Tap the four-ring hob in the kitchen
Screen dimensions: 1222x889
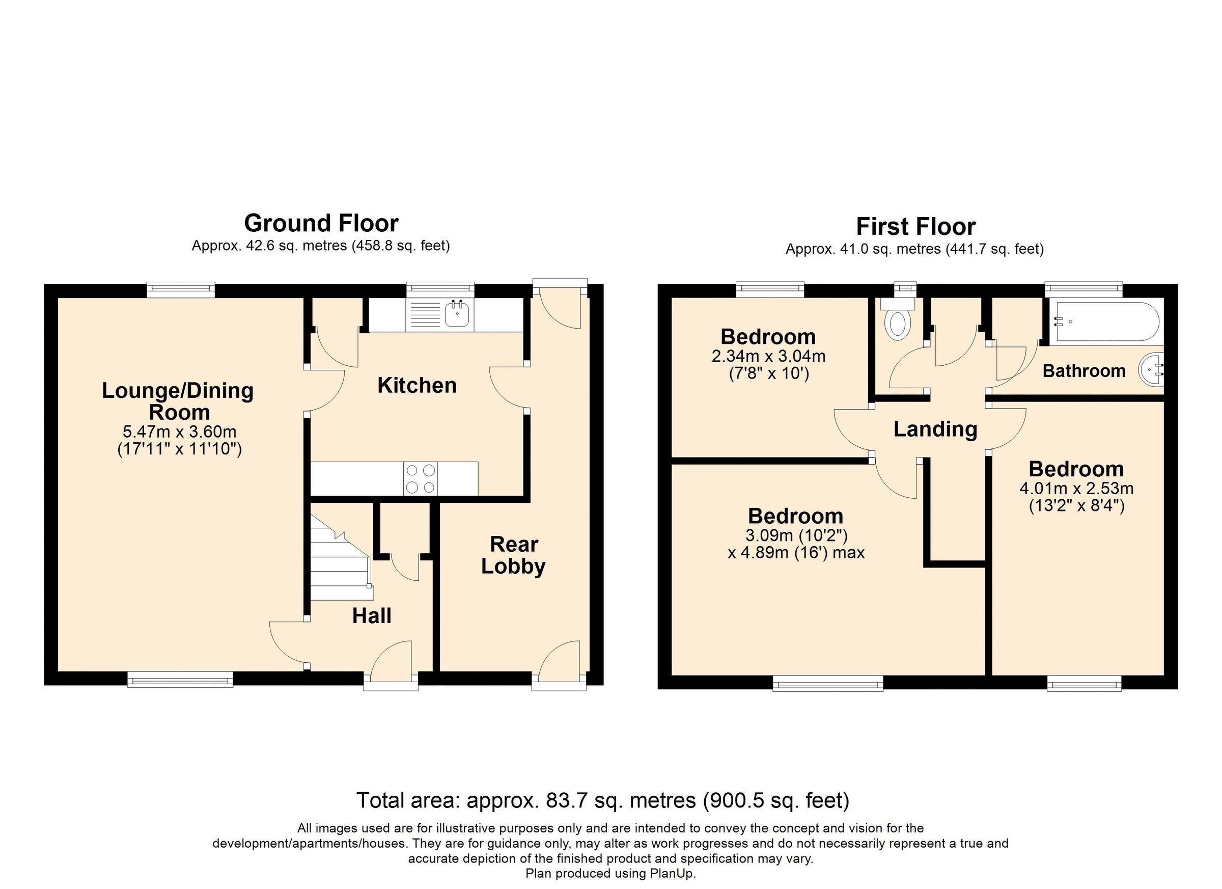point(421,478)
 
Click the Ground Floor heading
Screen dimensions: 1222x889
point(321,223)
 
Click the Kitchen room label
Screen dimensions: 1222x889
point(417,385)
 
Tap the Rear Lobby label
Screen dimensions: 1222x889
point(513,555)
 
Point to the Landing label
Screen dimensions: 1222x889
point(935,429)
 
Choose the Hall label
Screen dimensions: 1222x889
point(372,615)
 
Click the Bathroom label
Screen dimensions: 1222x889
point(1084,371)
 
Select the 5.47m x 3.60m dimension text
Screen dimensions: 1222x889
point(180,432)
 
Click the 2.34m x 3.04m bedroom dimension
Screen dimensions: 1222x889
point(769,356)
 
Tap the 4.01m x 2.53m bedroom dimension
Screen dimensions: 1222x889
point(1076,489)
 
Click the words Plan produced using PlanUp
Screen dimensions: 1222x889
point(611,873)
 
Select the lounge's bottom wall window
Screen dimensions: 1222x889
point(180,679)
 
